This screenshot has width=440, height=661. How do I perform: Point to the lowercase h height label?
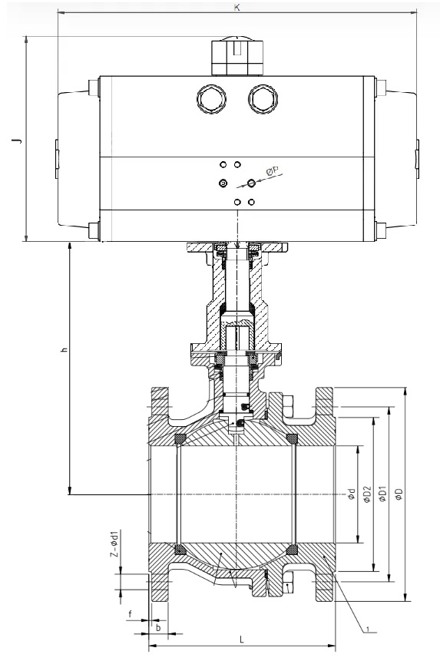[64, 350]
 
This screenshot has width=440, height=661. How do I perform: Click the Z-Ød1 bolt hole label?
[113, 543]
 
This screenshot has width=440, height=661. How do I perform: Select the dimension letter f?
[131, 614]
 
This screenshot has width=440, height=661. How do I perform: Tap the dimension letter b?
[157, 627]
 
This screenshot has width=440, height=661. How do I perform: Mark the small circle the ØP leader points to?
[252, 183]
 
